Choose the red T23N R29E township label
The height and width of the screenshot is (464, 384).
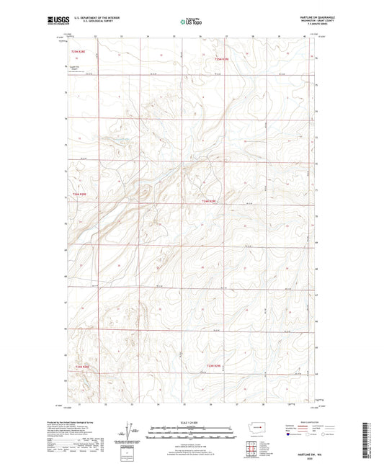coord(215,366)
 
